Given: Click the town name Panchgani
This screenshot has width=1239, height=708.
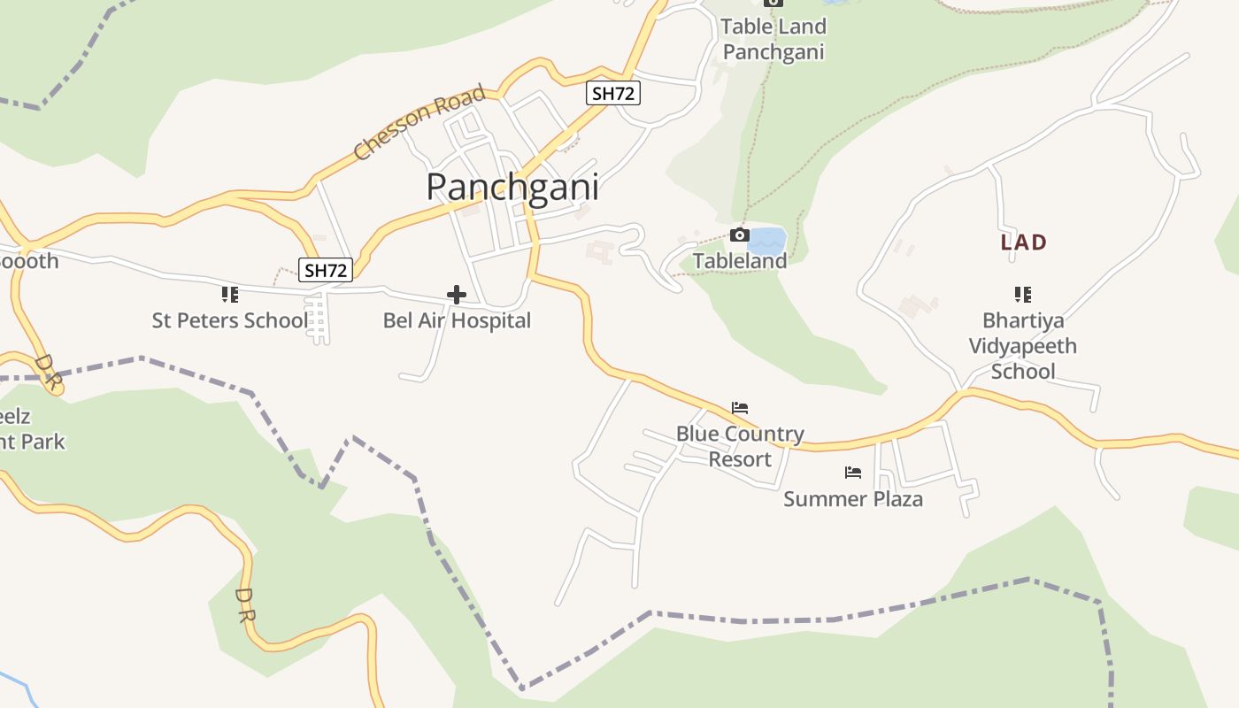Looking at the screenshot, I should pos(512,188).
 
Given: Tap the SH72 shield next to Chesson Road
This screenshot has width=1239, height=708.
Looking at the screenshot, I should pos(612,93).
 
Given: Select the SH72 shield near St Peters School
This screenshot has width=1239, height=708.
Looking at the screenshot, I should pos(326,270).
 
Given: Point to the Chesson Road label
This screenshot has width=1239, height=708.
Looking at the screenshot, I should pos(419,122).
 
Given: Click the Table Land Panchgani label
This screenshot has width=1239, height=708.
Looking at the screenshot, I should pos(773,39).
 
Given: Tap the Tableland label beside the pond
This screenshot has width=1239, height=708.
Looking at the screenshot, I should pos(739,261).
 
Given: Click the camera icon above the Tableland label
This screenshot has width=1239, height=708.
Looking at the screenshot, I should pos(739,235).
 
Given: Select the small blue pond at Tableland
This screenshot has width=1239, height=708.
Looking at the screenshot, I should pos(766,239).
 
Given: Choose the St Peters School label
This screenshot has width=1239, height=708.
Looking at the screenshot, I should pos(229,320).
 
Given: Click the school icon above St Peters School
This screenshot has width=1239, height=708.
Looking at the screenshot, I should pos(229,294).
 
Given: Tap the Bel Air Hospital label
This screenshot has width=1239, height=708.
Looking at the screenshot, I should pos(457,320).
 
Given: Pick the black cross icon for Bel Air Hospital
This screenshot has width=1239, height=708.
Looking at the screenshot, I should pos(457,294).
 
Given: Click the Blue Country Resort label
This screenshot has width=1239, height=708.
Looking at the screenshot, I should pos(740,446).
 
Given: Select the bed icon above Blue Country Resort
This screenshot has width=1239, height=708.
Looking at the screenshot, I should pos(740,408).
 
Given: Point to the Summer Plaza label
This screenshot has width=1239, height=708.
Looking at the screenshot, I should pos(852,499).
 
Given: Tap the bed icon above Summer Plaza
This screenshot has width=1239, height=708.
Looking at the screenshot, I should pos(852,473).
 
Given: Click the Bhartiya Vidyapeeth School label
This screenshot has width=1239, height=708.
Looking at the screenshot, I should pos(1022,345).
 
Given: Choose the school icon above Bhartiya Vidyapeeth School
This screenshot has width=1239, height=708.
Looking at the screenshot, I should pos(1022,294).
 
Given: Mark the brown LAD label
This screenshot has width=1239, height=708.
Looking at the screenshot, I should pos(1023,242).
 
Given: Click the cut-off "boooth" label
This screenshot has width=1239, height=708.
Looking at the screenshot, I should pos(28,261).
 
